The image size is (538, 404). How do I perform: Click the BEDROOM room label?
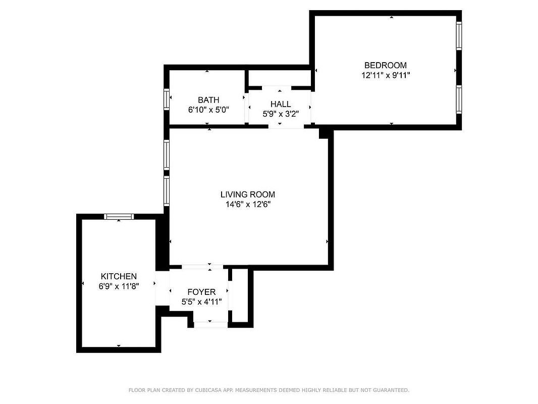385,65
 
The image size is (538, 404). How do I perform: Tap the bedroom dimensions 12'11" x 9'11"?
386,75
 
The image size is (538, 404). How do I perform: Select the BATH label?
208,100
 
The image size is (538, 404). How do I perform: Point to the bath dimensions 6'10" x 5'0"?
208,110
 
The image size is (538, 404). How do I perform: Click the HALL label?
280,104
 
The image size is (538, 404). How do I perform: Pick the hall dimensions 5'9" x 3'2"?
280,114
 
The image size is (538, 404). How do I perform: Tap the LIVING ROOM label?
247,194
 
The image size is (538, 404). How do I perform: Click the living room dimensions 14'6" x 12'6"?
248,205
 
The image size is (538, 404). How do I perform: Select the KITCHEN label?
119,276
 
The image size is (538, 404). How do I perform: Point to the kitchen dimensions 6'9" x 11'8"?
119,286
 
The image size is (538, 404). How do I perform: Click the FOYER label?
201,292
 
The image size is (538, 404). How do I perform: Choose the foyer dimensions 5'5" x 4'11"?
201,302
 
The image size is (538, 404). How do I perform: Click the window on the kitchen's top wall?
119,216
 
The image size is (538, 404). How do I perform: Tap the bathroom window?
167,99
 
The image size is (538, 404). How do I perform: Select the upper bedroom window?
459,36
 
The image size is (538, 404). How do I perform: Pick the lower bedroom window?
459,99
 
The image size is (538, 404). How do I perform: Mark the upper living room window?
167,155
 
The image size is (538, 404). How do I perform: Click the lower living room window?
167,191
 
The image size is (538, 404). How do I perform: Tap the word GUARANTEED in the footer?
391,390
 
